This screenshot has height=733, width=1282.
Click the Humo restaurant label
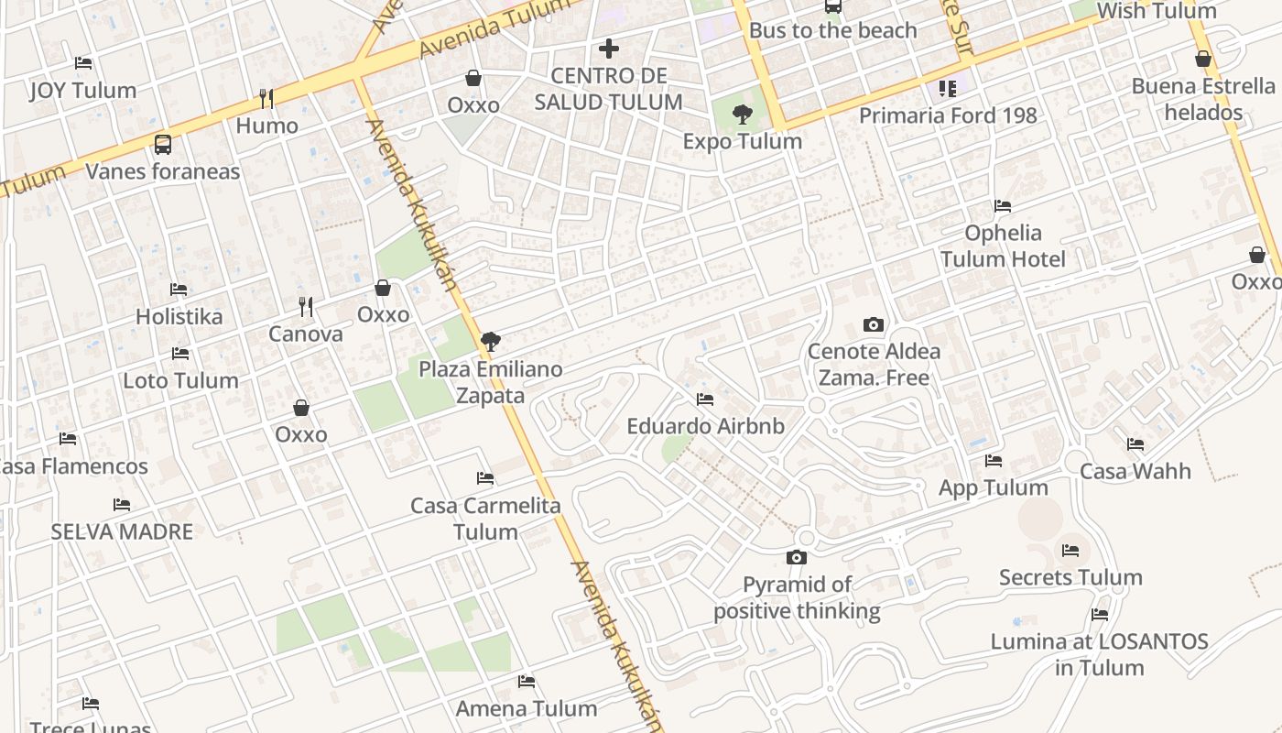click(x=267, y=126)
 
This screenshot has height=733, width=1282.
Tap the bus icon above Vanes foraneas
click(x=163, y=144)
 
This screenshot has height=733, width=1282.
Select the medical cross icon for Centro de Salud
click(x=609, y=48)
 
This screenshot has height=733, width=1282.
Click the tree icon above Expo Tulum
click(x=743, y=115)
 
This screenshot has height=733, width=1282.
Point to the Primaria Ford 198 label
click(x=948, y=115)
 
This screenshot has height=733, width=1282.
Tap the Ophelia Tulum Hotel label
click(x=1003, y=246)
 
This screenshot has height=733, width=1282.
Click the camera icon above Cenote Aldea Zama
click(x=874, y=324)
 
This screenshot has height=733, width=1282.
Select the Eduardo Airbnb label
click(x=705, y=426)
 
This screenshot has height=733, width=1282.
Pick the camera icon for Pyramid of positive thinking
click(x=797, y=557)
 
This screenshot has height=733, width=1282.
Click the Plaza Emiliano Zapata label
click(x=491, y=382)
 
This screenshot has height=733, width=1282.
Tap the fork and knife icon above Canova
click(x=306, y=307)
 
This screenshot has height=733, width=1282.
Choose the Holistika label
click(x=179, y=316)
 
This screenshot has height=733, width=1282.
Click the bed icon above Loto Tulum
click(x=180, y=354)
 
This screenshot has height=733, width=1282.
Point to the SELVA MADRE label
click(x=122, y=531)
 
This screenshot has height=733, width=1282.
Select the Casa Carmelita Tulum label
click(x=485, y=519)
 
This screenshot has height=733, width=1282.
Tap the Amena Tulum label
click(x=527, y=708)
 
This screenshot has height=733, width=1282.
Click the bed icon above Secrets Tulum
click(x=1070, y=551)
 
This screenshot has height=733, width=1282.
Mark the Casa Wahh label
click(x=1135, y=471)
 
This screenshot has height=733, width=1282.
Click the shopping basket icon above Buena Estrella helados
click(x=1203, y=60)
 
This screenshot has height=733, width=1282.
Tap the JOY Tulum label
click(x=83, y=90)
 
